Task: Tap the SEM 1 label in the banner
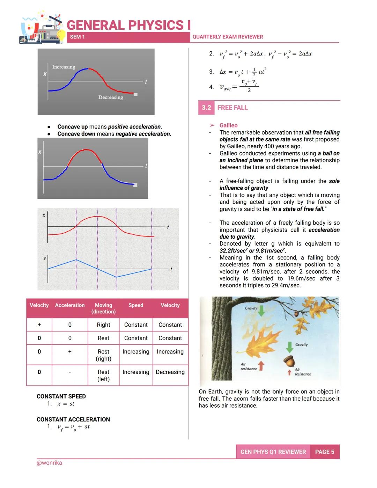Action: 77,37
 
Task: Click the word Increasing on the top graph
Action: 64,67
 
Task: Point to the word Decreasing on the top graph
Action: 110,97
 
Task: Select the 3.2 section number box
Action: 206,108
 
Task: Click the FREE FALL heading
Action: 232,108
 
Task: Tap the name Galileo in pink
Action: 228,125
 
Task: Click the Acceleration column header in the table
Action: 70,305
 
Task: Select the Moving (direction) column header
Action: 103,308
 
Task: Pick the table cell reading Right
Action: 103,325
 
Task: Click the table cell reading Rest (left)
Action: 103,376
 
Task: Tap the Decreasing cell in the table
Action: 170,372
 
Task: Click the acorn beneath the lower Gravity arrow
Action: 289,362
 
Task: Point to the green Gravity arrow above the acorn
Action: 289,347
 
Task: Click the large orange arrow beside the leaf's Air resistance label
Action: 261,366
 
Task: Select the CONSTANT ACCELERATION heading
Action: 73,420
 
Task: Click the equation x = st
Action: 66,404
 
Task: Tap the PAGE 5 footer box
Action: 324,452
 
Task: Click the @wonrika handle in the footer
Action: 49,463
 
